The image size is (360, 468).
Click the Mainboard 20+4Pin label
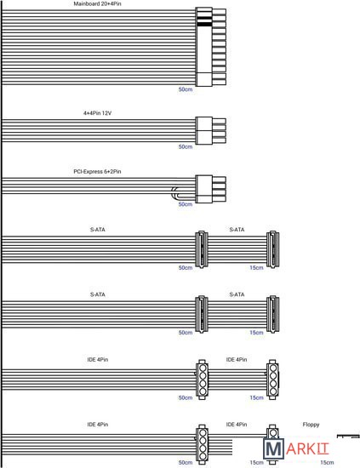(x=97, y=4)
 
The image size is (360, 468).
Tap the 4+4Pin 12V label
(x=97, y=113)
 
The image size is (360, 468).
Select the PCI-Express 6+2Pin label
(x=97, y=172)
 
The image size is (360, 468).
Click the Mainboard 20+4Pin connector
(x=211, y=47)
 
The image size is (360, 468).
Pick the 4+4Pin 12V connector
(x=211, y=131)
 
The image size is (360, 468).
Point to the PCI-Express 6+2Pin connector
(x=211, y=189)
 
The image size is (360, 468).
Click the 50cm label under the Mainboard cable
(x=186, y=89)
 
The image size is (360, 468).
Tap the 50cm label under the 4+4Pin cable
(x=186, y=147)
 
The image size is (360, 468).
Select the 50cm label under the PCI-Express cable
(x=186, y=204)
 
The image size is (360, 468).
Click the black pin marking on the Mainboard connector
(x=204, y=24)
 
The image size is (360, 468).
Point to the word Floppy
(x=311, y=425)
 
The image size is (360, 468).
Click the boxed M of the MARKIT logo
(x=273, y=449)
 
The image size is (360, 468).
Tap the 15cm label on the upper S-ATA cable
(x=256, y=268)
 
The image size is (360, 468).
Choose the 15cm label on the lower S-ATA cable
(x=256, y=333)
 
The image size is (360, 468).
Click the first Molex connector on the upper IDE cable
(x=202, y=380)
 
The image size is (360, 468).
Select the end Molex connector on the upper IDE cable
(x=272, y=380)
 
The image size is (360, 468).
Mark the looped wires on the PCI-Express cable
(x=174, y=193)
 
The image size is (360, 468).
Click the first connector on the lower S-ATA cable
(x=202, y=314)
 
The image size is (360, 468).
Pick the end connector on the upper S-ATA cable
(x=273, y=249)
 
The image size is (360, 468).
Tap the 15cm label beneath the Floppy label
(x=327, y=462)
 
